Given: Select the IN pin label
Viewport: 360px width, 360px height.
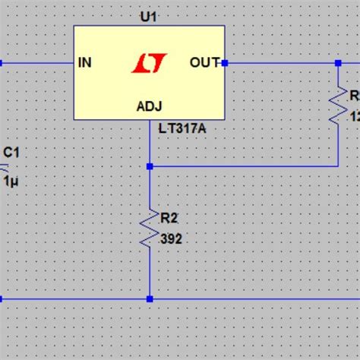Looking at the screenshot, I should pyautogui.click(x=85, y=63).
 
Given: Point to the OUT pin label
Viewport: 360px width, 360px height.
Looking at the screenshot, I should pyautogui.click(x=204, y=63).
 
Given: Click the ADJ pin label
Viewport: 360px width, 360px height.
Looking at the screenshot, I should pyautogui.click(x=149, y=106).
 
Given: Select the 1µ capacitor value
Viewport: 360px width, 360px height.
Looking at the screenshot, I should pyautogui.click(x=11, y=182).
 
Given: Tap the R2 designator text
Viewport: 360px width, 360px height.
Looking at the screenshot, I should pyautogui.click(x=169, y=218).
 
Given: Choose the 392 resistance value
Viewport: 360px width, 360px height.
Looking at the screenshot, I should pyautogui.click(x=171, y=238).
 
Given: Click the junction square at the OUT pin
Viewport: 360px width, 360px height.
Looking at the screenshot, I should pyautogui.click(x=225, y=63).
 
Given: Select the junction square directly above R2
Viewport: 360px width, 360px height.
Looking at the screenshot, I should pyautogui.click(x=150, y=166).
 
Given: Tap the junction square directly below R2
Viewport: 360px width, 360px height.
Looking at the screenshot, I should pyautogui.click(x=150, y=299).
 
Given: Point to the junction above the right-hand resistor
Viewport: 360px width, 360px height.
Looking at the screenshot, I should pyautogui.click(x=338, y=63).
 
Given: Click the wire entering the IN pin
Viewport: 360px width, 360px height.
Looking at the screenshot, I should pyautogui.click(x=38, y=63).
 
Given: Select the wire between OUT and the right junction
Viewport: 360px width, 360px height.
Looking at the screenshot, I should pyautogui.click(x=281, y=63).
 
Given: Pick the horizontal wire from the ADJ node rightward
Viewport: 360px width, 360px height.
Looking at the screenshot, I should pyautogui.click(x=243, y=166).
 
